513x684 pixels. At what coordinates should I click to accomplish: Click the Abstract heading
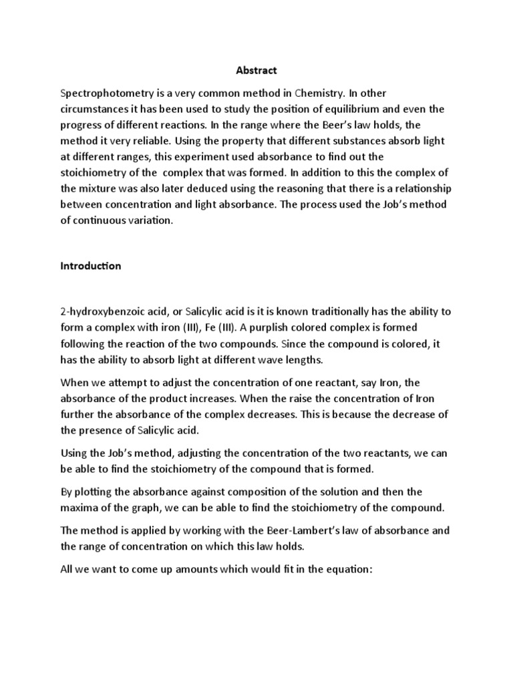tap(256, 69)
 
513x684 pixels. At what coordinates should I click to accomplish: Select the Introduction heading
tap(91, 266)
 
